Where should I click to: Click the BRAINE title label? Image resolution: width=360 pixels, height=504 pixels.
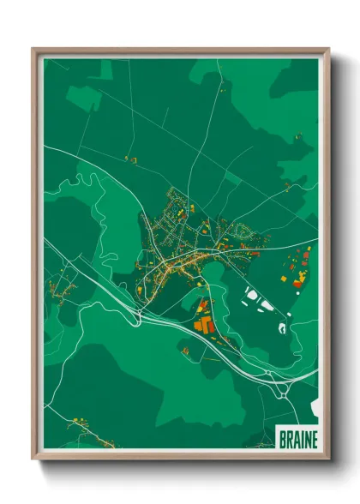coord(297,440)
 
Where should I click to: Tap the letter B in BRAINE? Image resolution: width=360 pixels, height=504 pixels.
coord(284,440)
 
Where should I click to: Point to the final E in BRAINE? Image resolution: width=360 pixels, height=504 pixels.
coord(313,440)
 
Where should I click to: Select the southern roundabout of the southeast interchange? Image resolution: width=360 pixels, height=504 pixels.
coord(283,395)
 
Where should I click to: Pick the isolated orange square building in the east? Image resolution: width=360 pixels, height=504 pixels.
coord(284,279)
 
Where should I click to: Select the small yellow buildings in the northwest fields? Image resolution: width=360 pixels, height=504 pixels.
coord(130,159)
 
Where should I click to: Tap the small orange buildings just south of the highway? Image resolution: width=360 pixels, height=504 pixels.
coord(186,349)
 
